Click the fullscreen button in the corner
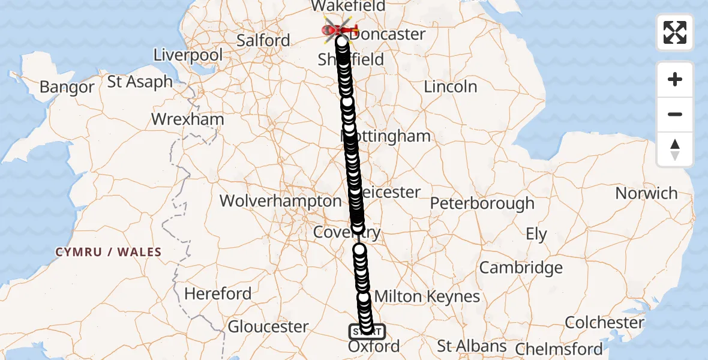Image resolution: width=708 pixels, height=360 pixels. point(675,32)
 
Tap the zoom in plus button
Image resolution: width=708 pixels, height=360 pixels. point(675,79)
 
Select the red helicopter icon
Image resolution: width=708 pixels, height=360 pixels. point(340,29)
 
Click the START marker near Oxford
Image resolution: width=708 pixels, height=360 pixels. point(367,331)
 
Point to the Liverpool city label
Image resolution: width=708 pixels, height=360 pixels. point(188,55)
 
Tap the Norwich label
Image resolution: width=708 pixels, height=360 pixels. point(646,193)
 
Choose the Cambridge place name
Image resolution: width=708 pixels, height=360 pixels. point(521,268)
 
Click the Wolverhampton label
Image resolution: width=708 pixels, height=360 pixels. point(280,200)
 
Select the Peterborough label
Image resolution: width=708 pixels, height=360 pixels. point(482,203)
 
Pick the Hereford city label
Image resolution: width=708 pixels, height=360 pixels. point(218,294)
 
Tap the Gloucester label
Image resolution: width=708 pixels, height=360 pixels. point(268,327)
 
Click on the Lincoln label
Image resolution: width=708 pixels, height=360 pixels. point(450,86)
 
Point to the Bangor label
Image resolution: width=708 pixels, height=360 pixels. point(67,88)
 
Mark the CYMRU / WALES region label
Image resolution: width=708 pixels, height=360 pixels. point(109,252)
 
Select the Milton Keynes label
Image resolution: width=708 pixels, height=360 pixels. point(427,296)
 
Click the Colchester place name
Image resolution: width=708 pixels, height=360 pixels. point(604,322)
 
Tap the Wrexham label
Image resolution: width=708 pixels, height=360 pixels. point(187,119)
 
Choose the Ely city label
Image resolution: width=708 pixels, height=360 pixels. point(536,234)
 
